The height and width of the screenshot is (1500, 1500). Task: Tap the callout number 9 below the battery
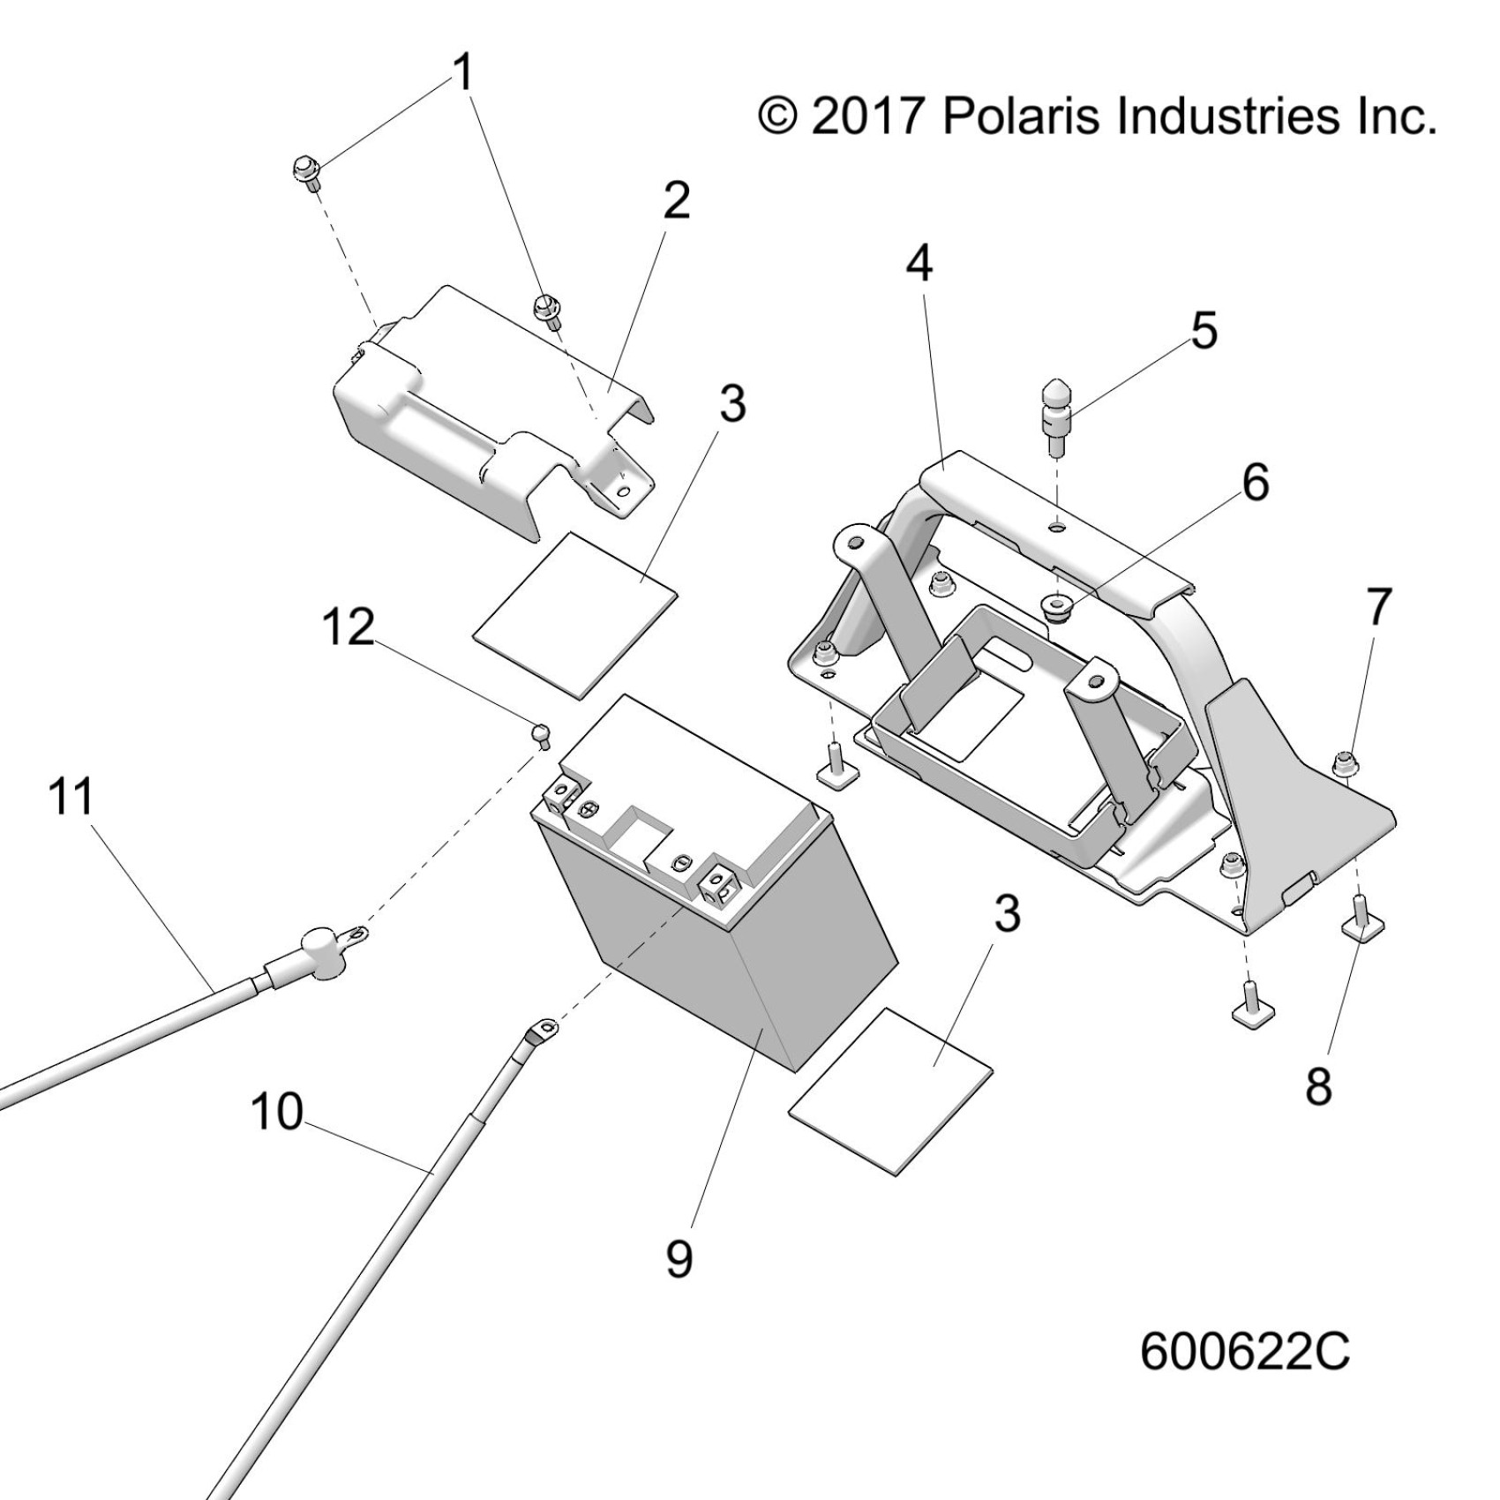pos(679,1258)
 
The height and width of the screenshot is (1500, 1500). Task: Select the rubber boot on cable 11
pos(318,955)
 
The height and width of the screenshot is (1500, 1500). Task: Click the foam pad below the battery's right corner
pos(891,1091)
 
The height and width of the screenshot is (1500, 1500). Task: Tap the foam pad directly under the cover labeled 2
pos(575,615)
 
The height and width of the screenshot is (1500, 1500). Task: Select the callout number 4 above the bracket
pos(919,262)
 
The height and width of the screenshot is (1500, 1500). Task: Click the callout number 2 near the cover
pos(676,202)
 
